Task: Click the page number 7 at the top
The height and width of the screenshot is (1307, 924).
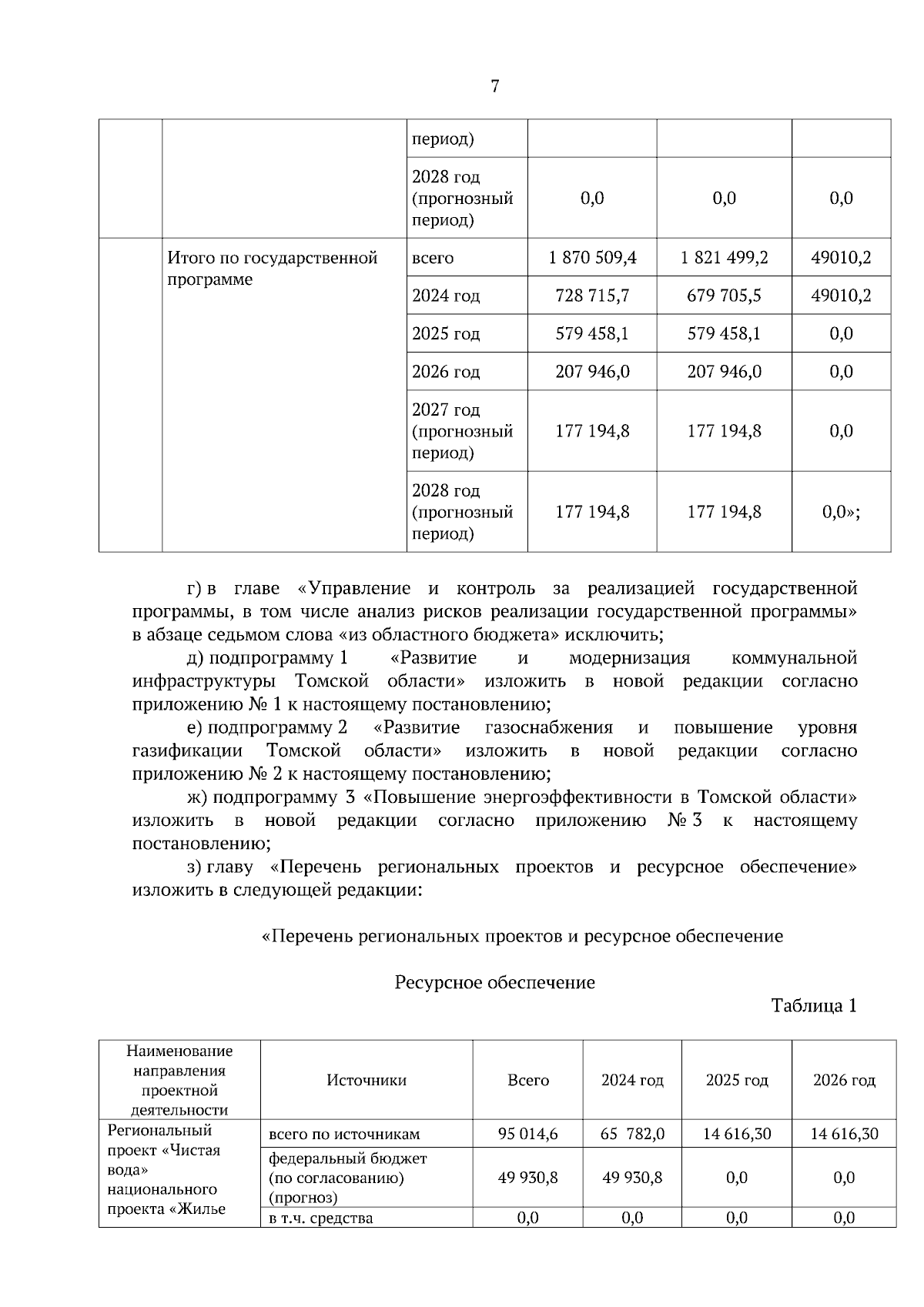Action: click(x=494, y=86)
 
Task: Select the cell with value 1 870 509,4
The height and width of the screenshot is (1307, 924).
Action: click(x=592, y=258)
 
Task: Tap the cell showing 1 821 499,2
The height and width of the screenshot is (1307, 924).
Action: click(x=724, y=258)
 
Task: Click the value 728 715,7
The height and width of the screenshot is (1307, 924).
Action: click(x=592, y=296)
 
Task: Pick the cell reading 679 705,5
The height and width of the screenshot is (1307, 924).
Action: click(x=724, y=296)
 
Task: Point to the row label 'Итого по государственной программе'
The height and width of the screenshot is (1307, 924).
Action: click(x=273, y=268)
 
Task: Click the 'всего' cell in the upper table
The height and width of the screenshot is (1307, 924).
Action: click(x=434, y=258)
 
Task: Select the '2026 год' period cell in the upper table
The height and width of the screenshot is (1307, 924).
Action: click(x=446, y=372)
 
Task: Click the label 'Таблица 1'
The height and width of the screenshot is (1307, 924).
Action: click(x=814, y=1006)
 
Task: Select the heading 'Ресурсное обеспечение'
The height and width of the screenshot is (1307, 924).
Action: click(x=494, y=983)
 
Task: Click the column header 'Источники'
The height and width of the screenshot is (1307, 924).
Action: click(x=367, y=1080)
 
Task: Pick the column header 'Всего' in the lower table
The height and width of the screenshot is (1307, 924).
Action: click(x=528, y=1080)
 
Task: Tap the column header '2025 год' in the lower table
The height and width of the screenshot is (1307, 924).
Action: click(x=737, y=1080)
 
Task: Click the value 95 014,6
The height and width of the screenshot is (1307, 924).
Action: click(x=528, y=1134)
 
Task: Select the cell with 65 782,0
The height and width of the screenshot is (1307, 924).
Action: click(x=632, y=1134)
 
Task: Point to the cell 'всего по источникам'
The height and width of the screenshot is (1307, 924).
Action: click(x=344, y=1134)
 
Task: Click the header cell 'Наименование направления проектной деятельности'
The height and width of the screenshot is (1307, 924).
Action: click(x=179, y=1080)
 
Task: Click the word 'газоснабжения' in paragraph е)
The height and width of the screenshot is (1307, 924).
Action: click(x=549, y=728)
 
